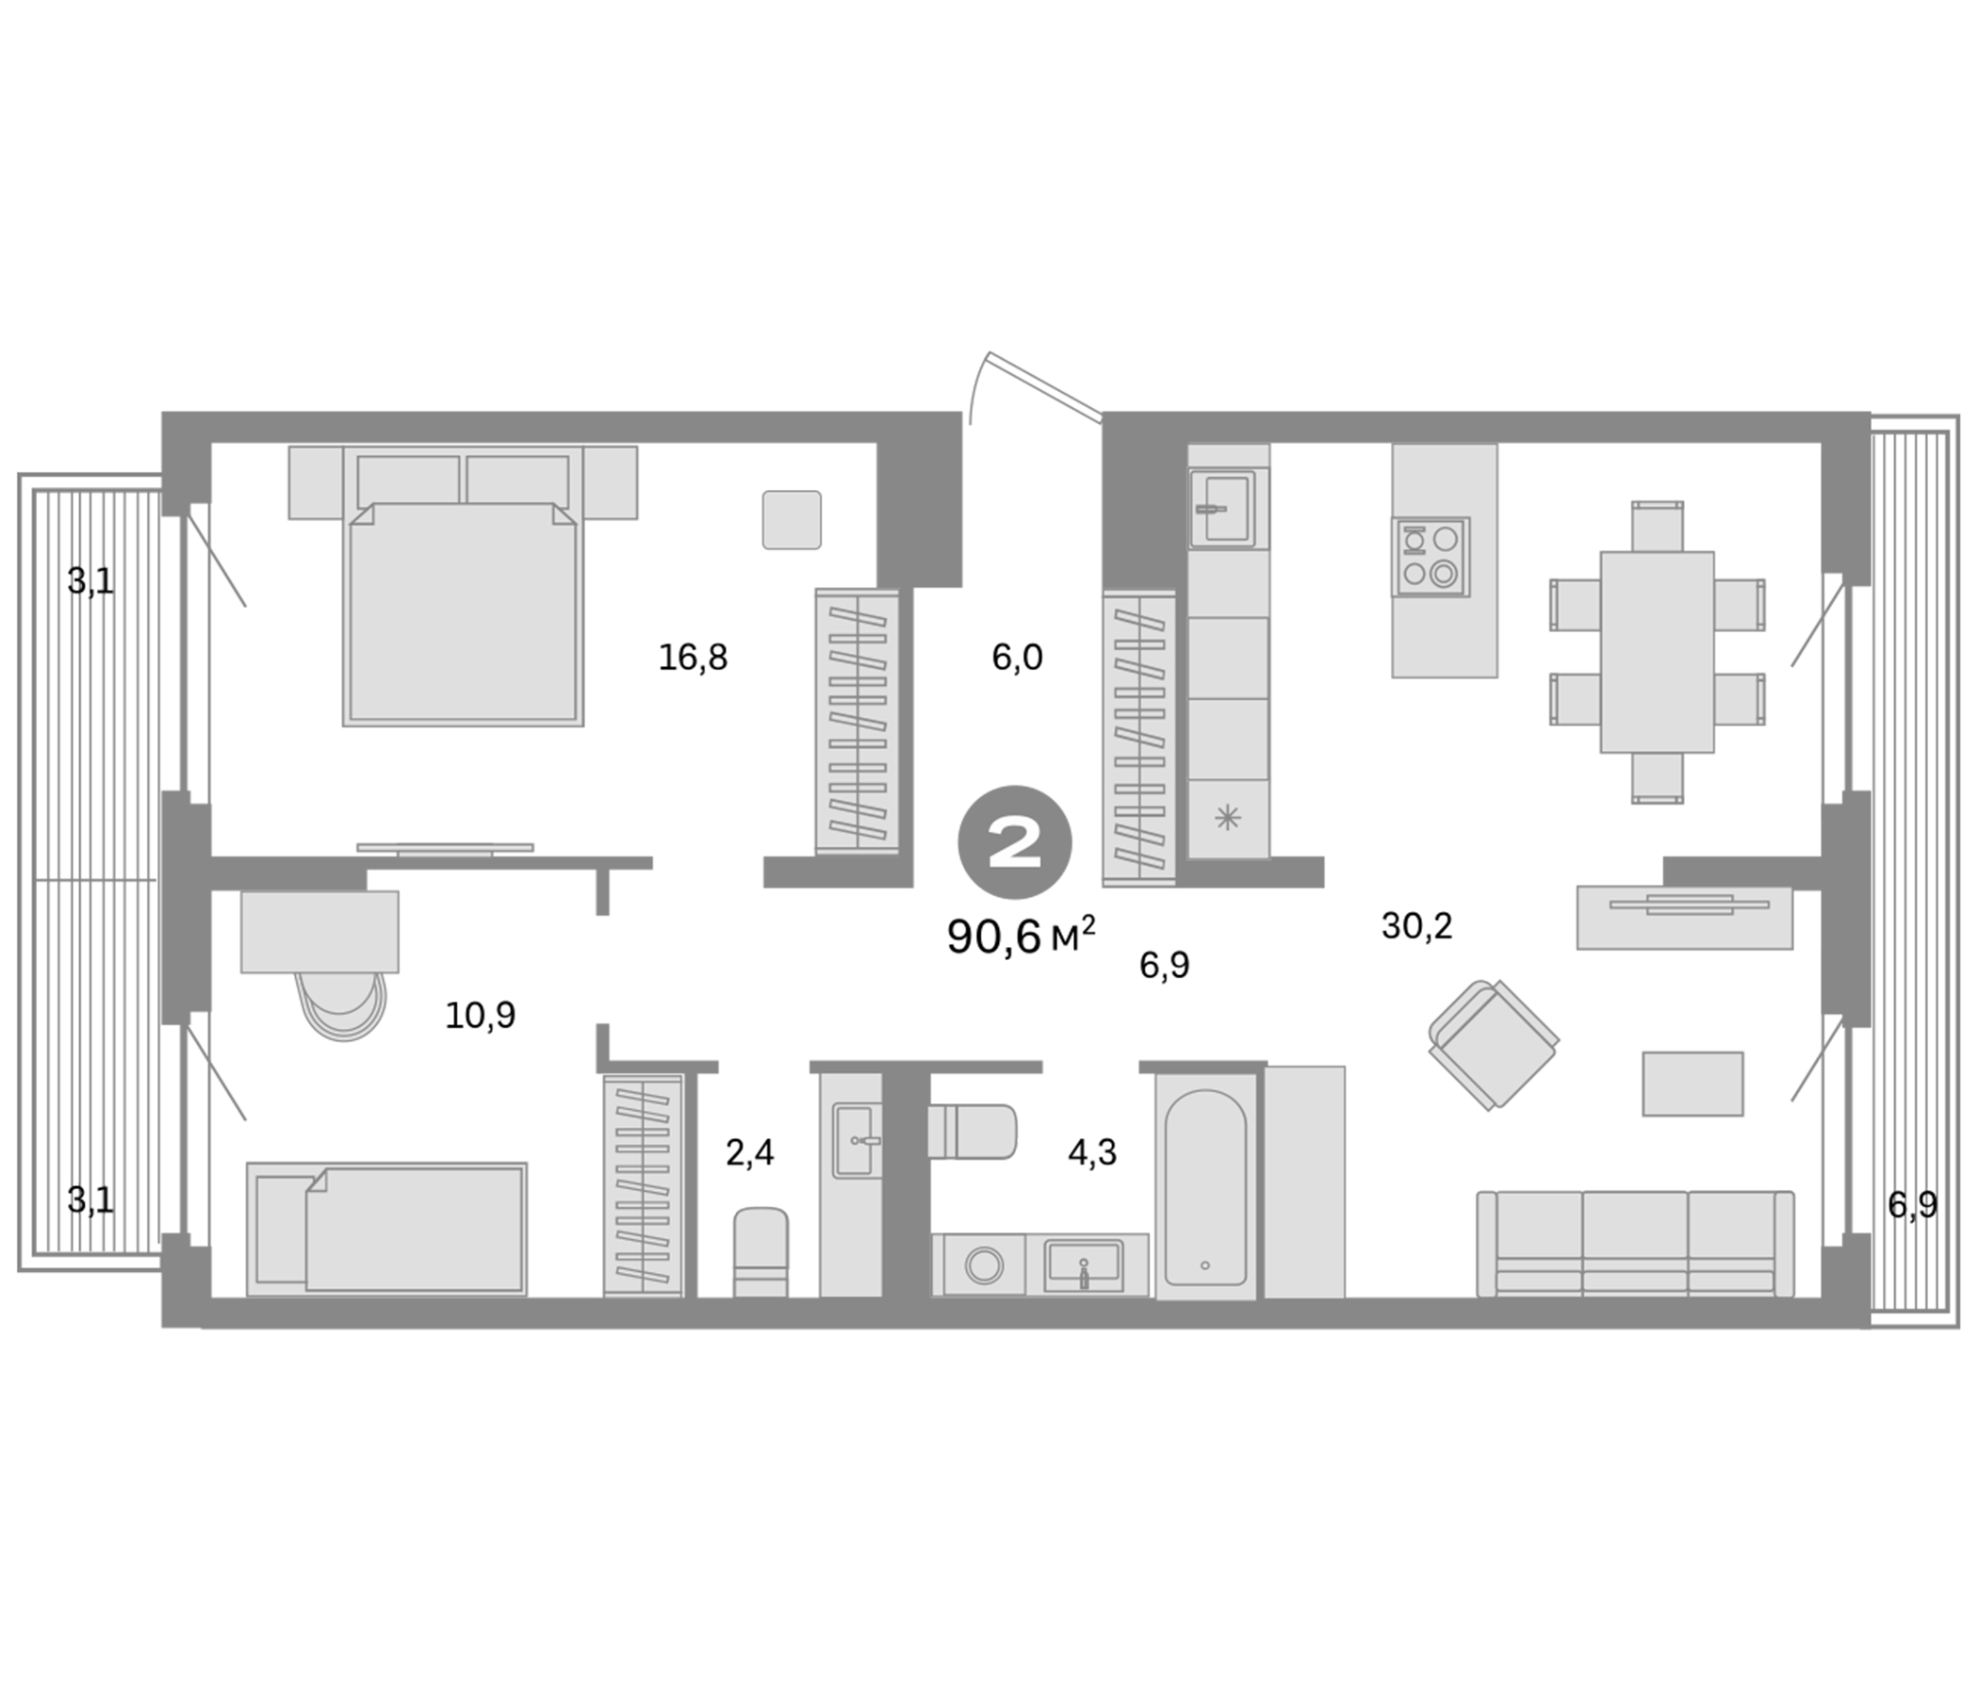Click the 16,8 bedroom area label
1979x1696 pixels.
pyautogui.click(x=693, y=658)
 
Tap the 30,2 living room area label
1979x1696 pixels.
pyautogui.click(x=1415, y=925)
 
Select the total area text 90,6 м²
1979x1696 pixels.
pyautogui.click(x=1020, y=937)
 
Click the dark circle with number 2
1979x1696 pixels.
pyautogui.click(x=1014, y=842)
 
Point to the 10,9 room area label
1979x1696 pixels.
pyautogui.click(x=480, y=1015)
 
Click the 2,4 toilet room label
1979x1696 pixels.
pyautogui.click(x=750, y=1152)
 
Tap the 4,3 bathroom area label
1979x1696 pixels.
pyautogui.click(x=1091, y=1152)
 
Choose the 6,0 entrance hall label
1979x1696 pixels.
pyautogui.click(x=1016, y=658)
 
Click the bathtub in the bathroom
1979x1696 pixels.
pyautogui.click(x=1204, y=1185)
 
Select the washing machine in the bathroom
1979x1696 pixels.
pyautogui.click(x=983, y=1265)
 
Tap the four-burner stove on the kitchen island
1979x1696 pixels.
pyautogui.click(x=1430, y=557)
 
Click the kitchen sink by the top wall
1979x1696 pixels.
pyautogui.click(x=1221, y=508)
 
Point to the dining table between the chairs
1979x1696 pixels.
pyautogui.click(x=1656, y=651)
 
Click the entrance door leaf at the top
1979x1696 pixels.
pyautogui.click(x=1045, y=385)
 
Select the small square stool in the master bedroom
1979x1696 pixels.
pyautogui.click(x=791, y=519)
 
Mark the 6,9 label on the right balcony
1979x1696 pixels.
pyautogui.click(x=1912, y=1205)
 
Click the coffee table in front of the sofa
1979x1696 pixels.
pyautogui.click(x=1692, y=1083)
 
